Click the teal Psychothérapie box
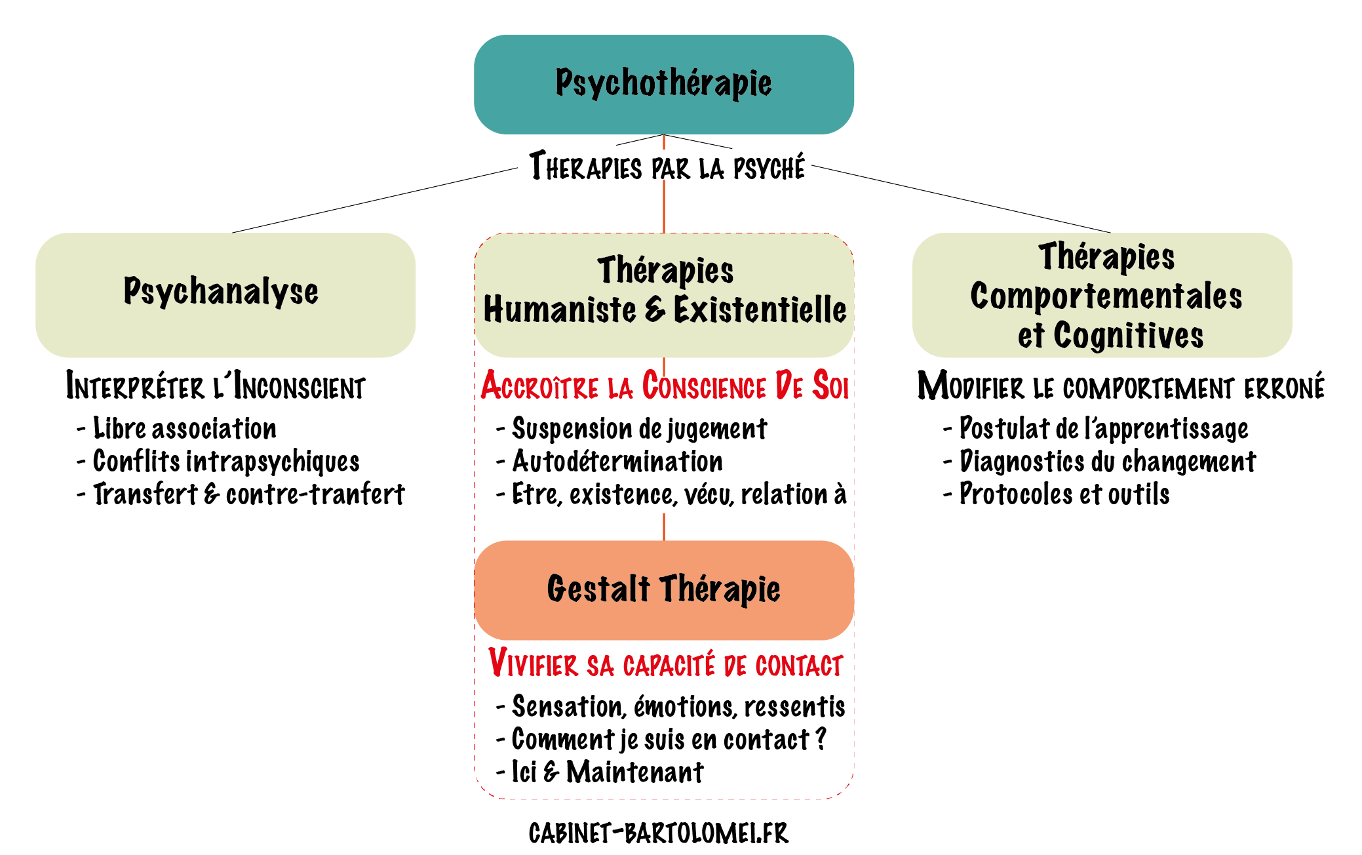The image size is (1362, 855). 663,84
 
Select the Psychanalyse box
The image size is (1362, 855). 225,294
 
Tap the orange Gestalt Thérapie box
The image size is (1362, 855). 663,589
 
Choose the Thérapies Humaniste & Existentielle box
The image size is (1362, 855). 663,294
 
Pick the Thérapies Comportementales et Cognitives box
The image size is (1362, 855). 1102,295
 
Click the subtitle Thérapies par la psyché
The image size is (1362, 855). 667,167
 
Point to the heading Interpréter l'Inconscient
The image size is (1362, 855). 215,386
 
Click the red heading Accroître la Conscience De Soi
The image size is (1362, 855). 664,386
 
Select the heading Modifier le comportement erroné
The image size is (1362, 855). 1121,386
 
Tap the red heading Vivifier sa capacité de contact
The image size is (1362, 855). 665,664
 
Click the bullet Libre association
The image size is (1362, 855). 184,429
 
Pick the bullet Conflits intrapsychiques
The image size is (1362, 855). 225,462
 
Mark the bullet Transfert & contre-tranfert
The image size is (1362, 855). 248,494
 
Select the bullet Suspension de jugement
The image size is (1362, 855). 639,429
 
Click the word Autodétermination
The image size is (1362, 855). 617,462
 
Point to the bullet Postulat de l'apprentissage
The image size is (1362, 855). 1103,429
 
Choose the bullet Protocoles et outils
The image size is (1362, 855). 1064,494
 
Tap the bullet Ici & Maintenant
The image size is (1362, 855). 607,772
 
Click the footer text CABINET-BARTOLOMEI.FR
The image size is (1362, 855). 658,833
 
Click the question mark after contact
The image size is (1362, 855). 821,739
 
